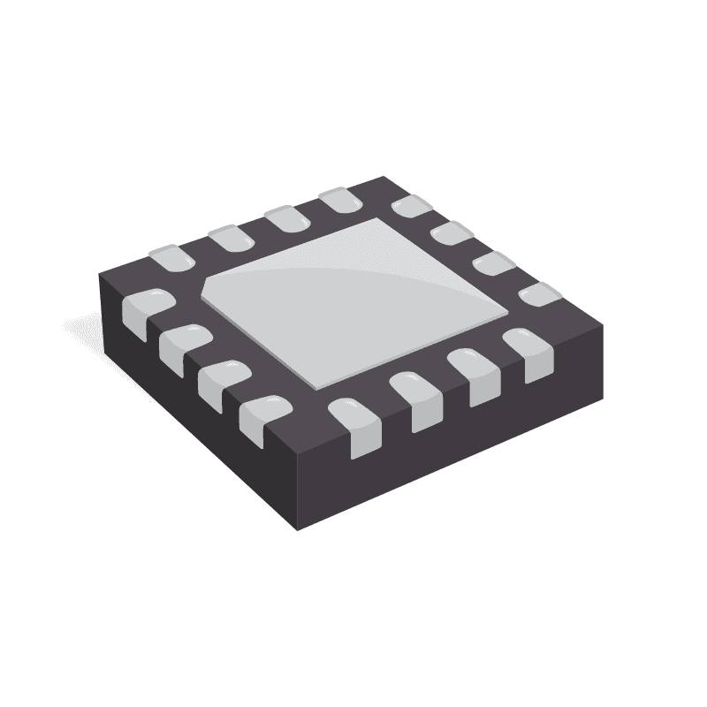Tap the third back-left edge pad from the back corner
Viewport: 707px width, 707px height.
click(x=230, y=238)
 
